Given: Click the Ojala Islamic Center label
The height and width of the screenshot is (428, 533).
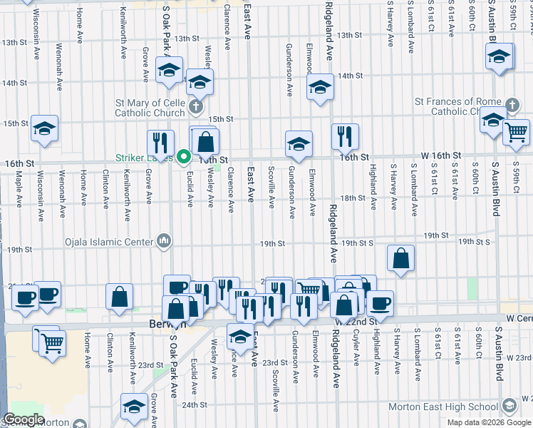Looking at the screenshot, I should pyautogui.click(x=109, y=241).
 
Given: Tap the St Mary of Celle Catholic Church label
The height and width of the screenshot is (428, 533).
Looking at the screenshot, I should pyautogui.click(x=150, y=108).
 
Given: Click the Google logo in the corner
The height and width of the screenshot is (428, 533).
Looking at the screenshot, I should pyautogui.click(x=24, y=419).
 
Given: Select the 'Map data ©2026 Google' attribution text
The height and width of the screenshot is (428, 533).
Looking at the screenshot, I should pyautogui.click(x=488, y=422).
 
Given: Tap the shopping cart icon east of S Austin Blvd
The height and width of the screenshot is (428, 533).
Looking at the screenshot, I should pyautogui.click(x=516, y=131).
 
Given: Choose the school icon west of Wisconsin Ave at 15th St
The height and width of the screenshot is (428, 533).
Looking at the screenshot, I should pyautogui.click(x=44, y=128).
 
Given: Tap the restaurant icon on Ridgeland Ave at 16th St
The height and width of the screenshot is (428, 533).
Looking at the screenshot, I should pyautogui.click(x=345, y=136).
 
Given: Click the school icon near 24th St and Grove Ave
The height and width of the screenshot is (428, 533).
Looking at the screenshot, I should pyautogui.click(x=133, y=406).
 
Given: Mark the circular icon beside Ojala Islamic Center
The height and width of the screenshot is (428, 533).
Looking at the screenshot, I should pyautogui.click(x=165, y=241).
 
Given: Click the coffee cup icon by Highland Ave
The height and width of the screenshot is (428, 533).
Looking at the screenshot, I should pyautogui.click(x=379, y=302).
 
